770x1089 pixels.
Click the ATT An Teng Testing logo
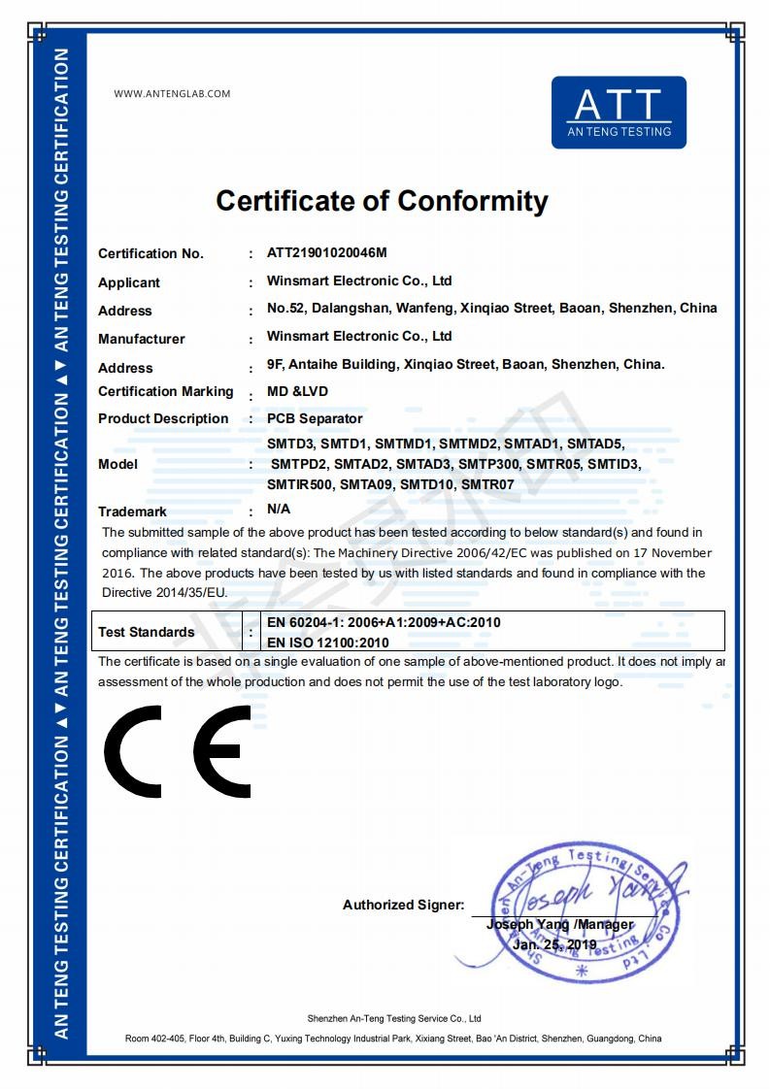(x=619, y=113)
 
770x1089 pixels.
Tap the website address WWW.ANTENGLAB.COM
(x=172, y=94)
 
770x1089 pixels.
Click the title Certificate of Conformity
(x=382, y=201)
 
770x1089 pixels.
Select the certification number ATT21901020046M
(x=327, y=253)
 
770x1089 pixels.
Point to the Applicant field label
(x=129, y=282)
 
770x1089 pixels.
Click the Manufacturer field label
(x=141, y=339)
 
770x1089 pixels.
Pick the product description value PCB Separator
(x=315, y=419)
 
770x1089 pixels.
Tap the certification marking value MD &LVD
(x=297, y=391)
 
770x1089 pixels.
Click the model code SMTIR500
(x=300, y=483)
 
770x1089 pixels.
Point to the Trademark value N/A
(x=279, y=509)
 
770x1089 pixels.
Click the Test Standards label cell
(x=147, y=632)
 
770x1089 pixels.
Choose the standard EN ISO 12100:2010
(x=327, y=643)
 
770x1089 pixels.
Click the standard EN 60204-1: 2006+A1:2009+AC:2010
(x=384, y=622)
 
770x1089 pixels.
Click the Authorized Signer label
(x=403, y=905)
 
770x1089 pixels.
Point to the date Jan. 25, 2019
(x=554, y=944)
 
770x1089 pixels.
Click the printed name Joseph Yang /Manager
(x=559, y=925)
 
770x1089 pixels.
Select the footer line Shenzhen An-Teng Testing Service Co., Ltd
(x=394, y=1019)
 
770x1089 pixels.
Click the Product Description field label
(x=163, y=419)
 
